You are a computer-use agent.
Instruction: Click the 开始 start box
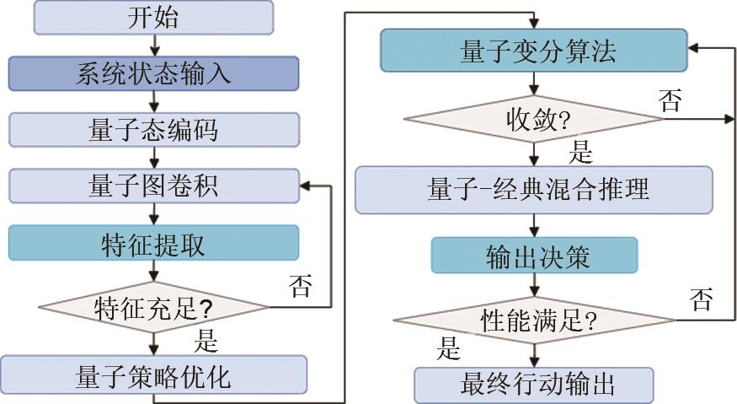tap(153, 18)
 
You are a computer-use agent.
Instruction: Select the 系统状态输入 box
tap(153, 73)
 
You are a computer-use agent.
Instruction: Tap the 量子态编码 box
tap(153, 129)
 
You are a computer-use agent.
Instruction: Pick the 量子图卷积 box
tap(153, 185)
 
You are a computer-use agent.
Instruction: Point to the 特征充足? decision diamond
tap(153, 304)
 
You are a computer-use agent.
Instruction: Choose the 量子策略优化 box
tap(153, 374)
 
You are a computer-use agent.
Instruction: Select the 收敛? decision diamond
tap(532, 118)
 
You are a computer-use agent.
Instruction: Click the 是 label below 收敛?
tap(581, 151)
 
